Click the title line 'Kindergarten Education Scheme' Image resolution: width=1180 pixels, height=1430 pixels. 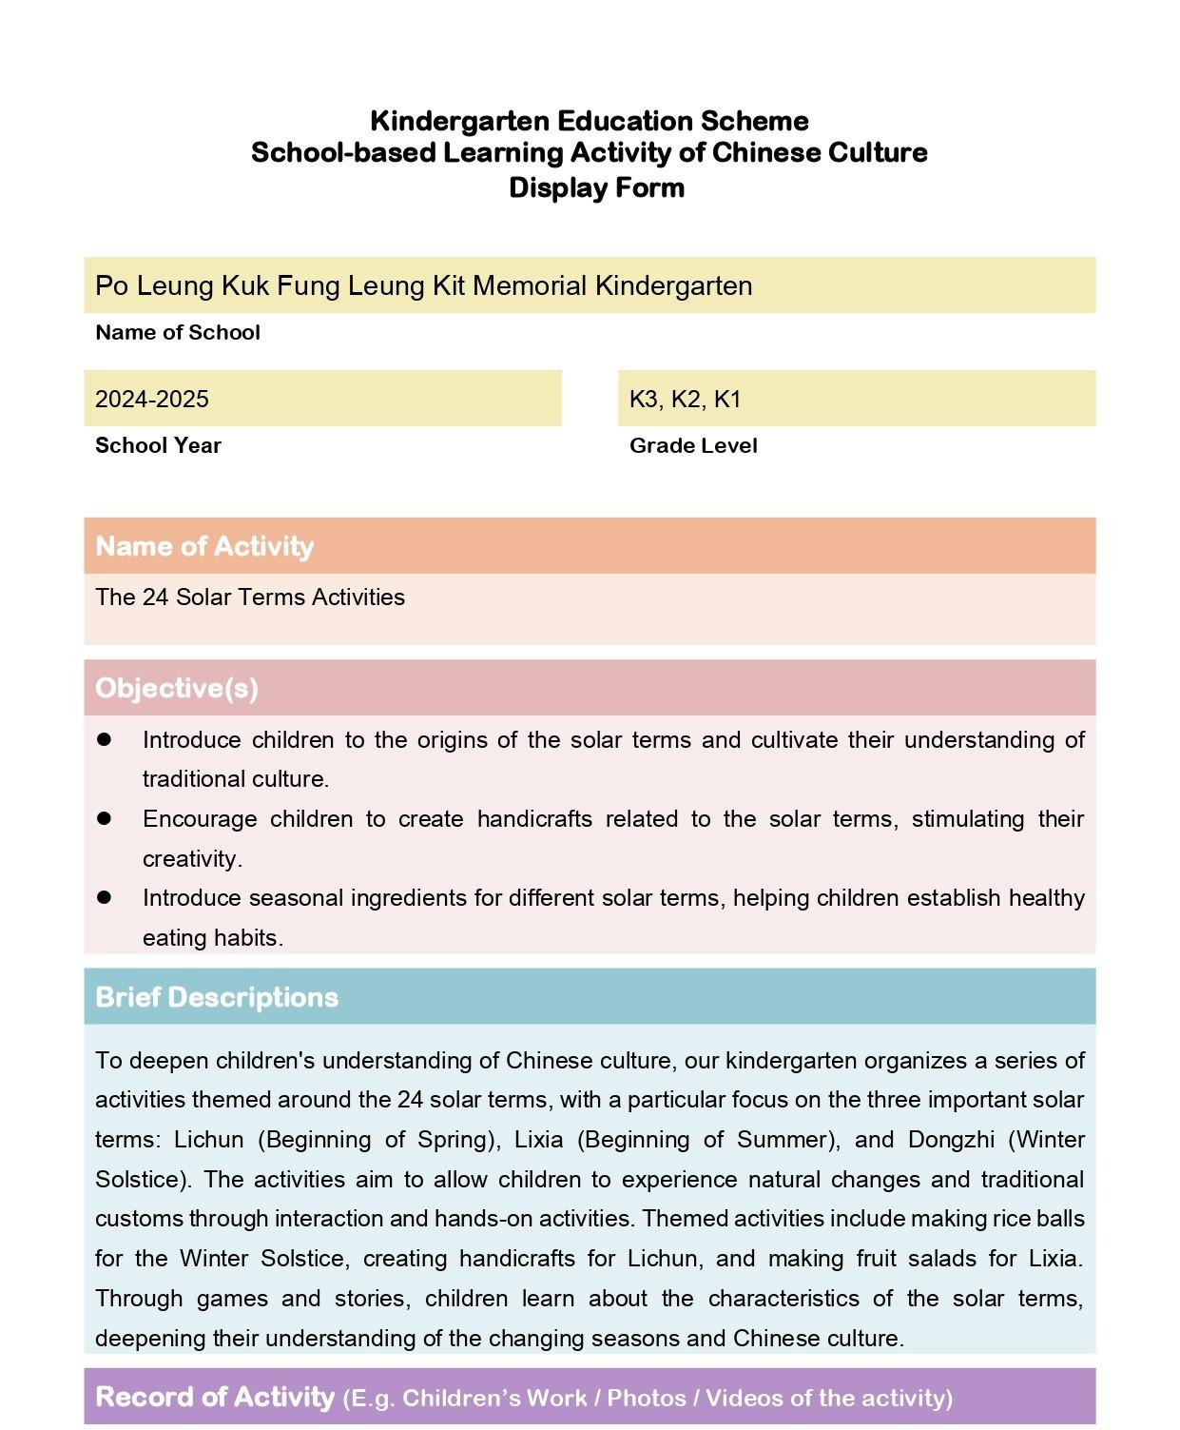pos(590,121)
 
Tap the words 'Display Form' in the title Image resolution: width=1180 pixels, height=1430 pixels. pos(596,187)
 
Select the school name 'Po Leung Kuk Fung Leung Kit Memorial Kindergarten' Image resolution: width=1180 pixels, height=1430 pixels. pos(423,285)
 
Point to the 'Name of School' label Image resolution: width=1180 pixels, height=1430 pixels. pos(178,332)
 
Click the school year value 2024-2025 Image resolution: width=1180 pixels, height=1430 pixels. pos(152,399)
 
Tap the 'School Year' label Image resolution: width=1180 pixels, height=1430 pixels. pos(158,445)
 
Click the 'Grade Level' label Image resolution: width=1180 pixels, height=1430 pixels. pos(693,445)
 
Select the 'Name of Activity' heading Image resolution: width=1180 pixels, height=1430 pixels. pos(204,546)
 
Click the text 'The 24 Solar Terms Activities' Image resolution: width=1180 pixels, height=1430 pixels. pos(250,597)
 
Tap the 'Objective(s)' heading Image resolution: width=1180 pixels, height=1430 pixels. pos(177,688)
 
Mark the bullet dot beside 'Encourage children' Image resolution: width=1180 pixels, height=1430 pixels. pos(104,818)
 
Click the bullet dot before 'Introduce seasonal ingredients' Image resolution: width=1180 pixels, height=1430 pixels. pos(104,897)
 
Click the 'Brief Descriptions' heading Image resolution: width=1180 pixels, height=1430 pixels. pos(217,997)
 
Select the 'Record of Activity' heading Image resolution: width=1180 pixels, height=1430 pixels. pos(215,1397)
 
